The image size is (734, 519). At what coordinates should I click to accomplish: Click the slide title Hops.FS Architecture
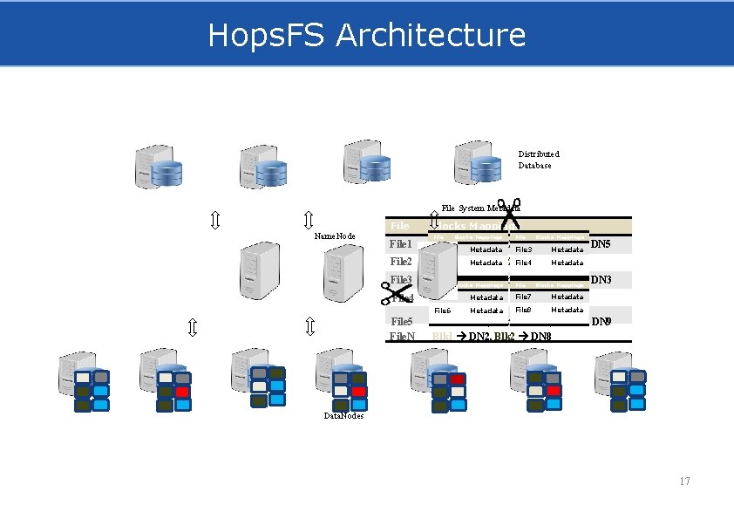click(366, 36)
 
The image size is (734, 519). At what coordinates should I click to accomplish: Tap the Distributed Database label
click(538, 160)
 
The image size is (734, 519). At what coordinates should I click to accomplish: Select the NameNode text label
click(334, 236)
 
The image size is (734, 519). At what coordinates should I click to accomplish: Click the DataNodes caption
click(343, 417)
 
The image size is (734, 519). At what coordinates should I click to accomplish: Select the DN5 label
click(601, 245)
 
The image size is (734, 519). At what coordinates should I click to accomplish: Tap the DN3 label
click(601, 280)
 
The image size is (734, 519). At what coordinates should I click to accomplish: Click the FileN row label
click(402, 336)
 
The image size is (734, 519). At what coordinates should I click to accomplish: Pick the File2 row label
click(400, 262)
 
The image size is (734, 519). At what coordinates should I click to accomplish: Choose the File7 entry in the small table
click(523, 297)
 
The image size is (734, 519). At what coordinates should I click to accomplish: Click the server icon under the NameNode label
click(343, 271)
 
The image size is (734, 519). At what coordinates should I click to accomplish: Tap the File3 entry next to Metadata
click(523, 250)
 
